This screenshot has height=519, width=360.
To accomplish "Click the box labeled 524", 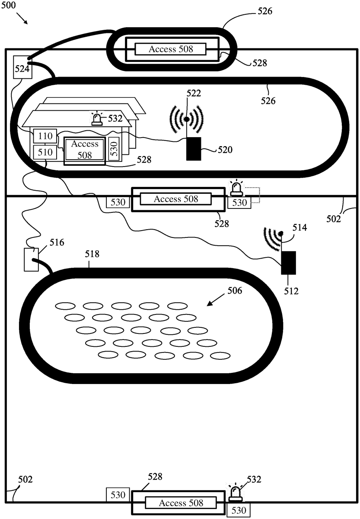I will point(22,67).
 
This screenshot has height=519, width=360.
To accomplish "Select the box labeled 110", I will point(45,137).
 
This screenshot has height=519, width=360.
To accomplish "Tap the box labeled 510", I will point(45,152).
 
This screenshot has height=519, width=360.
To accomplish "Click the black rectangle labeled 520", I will point(194,149).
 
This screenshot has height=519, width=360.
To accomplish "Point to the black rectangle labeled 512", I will point(289,263).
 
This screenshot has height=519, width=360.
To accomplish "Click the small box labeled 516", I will point(31,259).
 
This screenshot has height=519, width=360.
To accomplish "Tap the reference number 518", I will point(92,254).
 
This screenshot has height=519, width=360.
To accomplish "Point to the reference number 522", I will point(194,93).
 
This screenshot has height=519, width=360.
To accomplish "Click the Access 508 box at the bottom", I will point(180,503).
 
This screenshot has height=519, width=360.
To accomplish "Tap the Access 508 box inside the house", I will point(85,150).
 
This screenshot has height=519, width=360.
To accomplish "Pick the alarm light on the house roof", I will point(96,119).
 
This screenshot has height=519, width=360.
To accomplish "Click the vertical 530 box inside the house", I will point(114,149).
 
